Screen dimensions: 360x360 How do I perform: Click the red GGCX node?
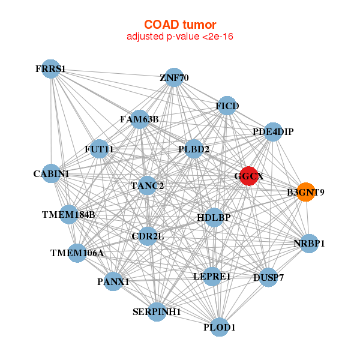pos(249,176)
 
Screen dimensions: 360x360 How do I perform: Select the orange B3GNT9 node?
pos(305,192)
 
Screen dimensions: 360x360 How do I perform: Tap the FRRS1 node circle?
pos(51,69)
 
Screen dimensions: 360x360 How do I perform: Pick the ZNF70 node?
pos(174,77)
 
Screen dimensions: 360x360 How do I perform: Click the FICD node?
pos(227,106)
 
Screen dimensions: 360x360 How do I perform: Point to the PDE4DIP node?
pos(273,132)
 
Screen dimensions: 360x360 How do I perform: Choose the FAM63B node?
pos(140,119)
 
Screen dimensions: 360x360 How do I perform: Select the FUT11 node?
pos(99,149)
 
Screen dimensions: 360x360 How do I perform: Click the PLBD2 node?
pos(194,149)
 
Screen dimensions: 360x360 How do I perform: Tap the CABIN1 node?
pos(51,173)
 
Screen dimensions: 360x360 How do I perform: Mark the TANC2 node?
pos(147,185)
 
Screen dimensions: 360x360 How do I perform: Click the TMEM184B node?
pos(68,215)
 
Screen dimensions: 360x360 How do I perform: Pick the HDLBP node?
pos(214,218)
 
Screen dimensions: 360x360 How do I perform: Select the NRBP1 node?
pos(309,244)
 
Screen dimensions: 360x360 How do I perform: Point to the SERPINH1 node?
pos(157,312)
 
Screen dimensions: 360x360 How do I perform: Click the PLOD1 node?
pos(220,327)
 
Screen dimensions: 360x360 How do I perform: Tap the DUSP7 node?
pos(268,277)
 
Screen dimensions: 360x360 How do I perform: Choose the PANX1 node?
pos(113,281)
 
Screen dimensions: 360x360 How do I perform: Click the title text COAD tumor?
pos(180,25)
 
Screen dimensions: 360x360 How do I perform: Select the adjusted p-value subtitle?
pos(180,37)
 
